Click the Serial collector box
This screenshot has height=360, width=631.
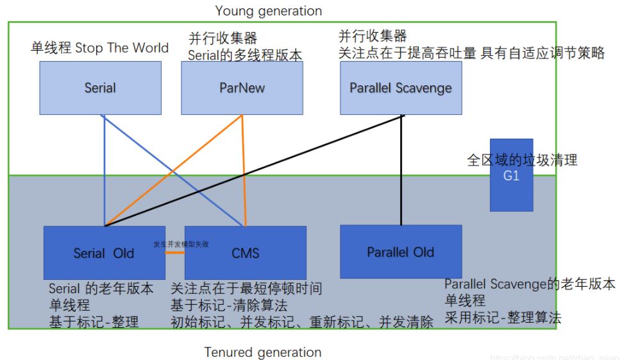[100, 88]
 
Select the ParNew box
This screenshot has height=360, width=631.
[242, 88]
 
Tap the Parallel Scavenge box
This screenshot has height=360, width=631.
[401, 88]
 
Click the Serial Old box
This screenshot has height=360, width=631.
[103, 253]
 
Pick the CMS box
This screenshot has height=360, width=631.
[245, 253]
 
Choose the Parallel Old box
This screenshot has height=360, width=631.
[400, 252]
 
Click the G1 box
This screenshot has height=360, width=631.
[511, 175]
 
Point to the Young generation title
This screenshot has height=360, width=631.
[269, 11]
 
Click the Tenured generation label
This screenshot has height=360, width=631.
[263, 352]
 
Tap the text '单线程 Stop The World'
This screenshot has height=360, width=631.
[99, 48]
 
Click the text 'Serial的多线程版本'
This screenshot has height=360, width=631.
[244, 55]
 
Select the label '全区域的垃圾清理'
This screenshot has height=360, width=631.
[522, 160]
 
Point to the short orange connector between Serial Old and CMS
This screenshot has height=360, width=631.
[173, 252]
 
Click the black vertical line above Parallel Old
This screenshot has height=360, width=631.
[401, 170]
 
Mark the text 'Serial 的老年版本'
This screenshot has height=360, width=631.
[101, 289]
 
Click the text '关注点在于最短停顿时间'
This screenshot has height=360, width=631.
[246, 289]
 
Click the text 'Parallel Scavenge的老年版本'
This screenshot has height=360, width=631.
[530, 284]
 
